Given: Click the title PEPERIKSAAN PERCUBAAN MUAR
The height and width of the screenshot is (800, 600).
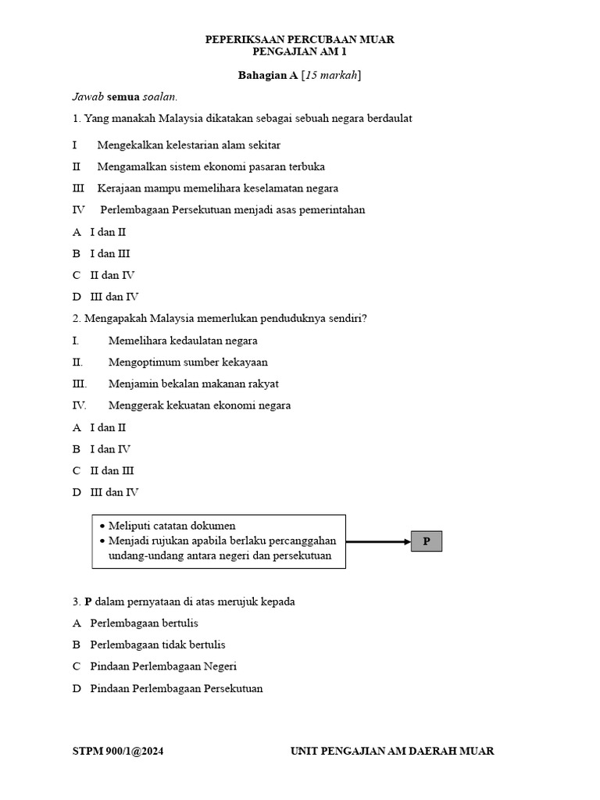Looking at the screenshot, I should pyautogui.click(x=299, y=39).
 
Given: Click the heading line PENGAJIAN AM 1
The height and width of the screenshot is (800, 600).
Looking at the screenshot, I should pyautogui.click(x=299, y=52).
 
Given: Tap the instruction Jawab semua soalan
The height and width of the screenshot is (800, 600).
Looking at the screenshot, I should pyautogui.click(x=125, y=97).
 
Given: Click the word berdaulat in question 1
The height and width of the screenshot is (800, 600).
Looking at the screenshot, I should pyautogui.click(x=386, y=119).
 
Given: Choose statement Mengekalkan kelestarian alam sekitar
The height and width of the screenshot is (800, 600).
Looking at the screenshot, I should pyautogui.click(x=189, y=145).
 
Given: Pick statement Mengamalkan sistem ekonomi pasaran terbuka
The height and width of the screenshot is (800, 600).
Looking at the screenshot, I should pyautogui.click(x=211, y=167).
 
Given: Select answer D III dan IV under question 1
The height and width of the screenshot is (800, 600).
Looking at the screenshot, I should pyautogui.click(x=106, y=297).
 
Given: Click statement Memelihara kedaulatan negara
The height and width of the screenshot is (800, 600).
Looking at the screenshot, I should pyautogui.click(x=183, y=341).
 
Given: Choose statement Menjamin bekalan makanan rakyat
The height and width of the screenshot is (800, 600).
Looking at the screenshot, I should pyautogui.click(x=193, y=384).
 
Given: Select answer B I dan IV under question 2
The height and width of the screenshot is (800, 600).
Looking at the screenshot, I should pyautogui.click(x=102, y=449).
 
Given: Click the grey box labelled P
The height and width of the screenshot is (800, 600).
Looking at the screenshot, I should pyautogui.click(x=426, y=541).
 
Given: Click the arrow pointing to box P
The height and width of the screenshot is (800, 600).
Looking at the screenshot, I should pyautogui.click(x=378, y=541).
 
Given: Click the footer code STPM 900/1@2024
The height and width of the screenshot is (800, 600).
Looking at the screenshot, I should pyautogui.click(x=118, y=752).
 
